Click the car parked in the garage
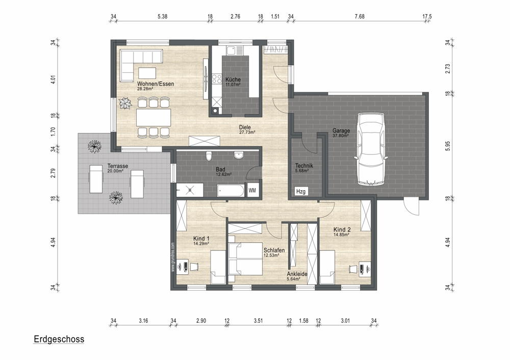coord(370,149)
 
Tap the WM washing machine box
coord(252,191)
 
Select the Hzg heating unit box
coord(301,192)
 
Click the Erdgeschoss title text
coord(59,339)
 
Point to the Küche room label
coord(233,80)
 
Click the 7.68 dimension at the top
coord(360,17)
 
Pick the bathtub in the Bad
coord(231,191)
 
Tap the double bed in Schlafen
coord(245,258)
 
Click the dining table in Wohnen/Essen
coord(154,117)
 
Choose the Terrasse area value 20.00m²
coord(115,171)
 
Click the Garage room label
coord(341,131)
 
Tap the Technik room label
coord(304,166)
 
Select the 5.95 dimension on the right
coord(448,146)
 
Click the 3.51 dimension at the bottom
coord(258,321)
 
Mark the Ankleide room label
coord(297,274)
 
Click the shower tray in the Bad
coord(190,190)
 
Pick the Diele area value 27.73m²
coord(247,133)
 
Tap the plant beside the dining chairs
coord(125,104)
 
